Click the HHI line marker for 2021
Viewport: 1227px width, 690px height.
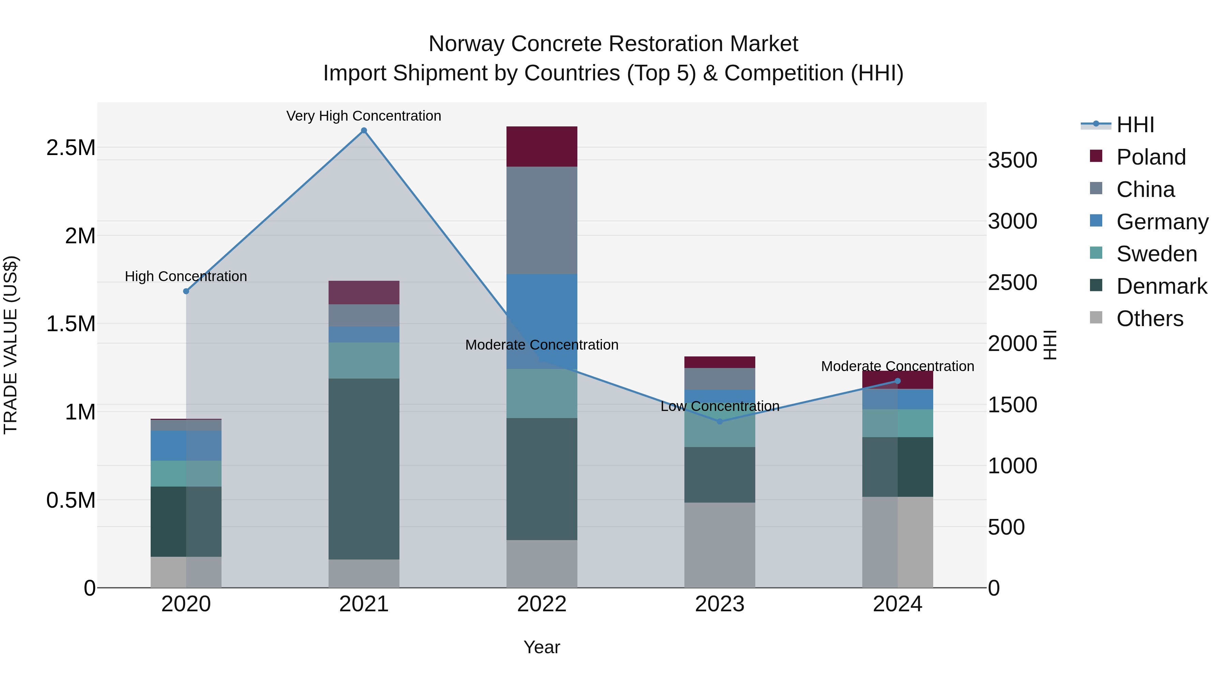pos(364,131)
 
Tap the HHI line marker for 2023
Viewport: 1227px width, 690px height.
pos(720,421)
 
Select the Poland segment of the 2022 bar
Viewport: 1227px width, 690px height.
pos(542,147)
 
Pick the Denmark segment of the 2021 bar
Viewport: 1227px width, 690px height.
pos(364,469)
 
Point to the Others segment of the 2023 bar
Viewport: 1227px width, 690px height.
pos(720,545)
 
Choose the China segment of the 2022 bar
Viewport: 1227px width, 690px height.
pos(542,220)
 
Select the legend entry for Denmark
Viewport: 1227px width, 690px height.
pos(1161,286)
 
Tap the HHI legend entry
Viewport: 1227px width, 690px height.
pos(1135,125)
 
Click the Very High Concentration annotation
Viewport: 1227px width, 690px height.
pos(364,116)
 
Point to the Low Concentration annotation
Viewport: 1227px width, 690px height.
pos(720,406)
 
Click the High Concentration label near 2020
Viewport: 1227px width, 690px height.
pos(186,276)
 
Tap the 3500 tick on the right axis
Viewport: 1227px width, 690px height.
pos(1012,160)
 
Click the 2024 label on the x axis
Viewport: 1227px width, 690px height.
pos(897,604)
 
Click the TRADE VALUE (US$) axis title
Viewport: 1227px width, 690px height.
pos(11,345)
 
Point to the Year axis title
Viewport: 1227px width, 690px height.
pos(542,647)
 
